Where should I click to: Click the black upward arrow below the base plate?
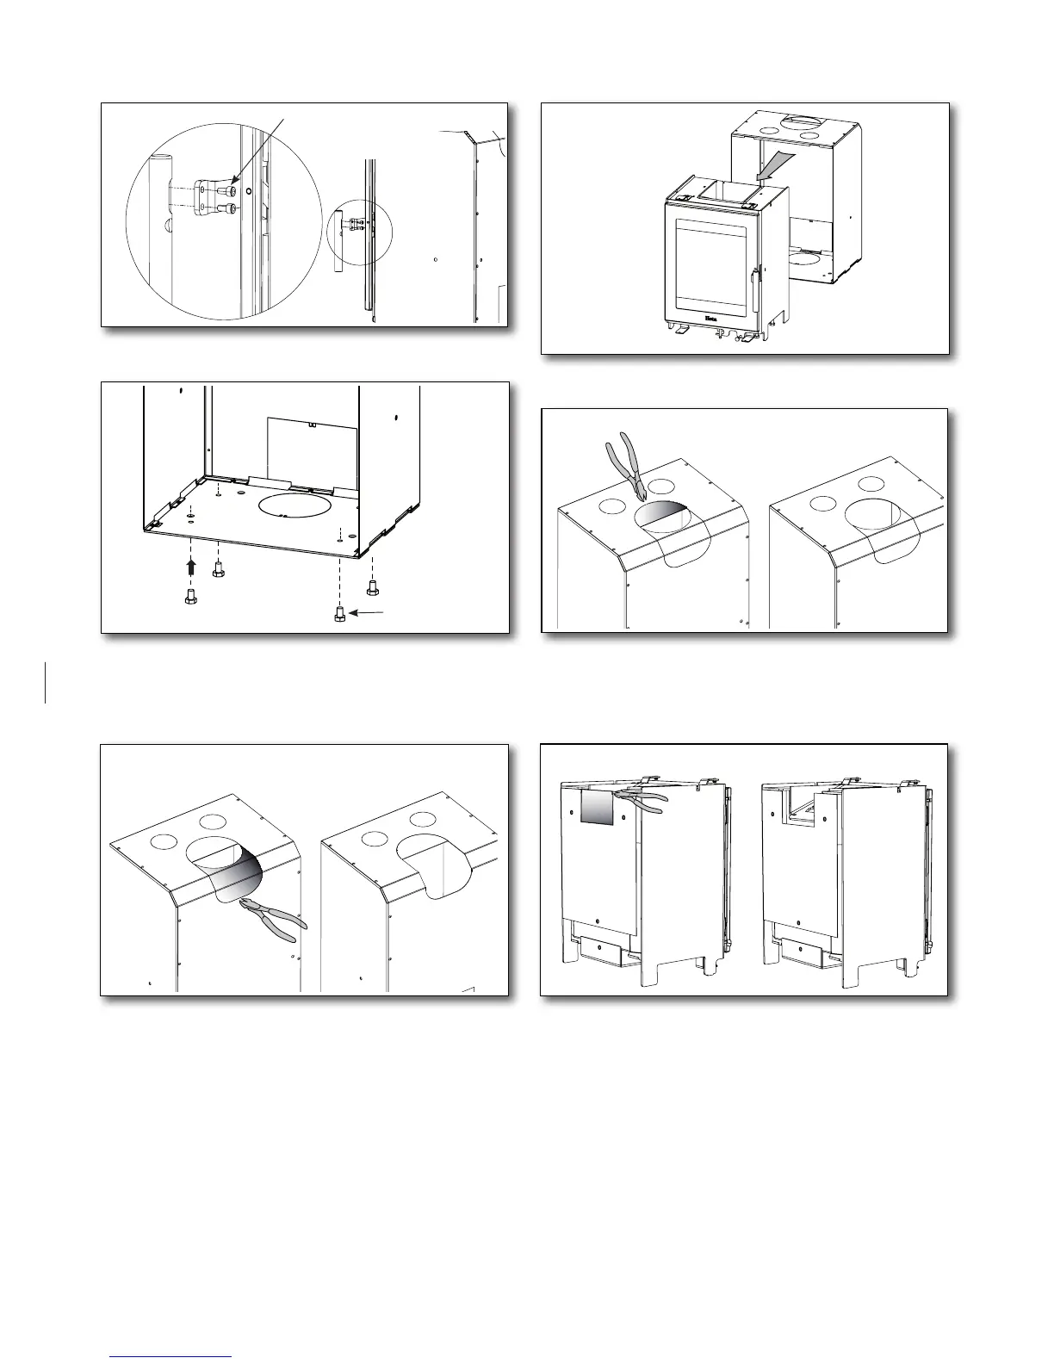pyautogui.click(x=191, y=567)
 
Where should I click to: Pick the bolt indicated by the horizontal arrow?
pyautogui.click(x=338, y=614)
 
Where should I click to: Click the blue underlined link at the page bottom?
pyautogui.click(x=171, y=1357)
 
